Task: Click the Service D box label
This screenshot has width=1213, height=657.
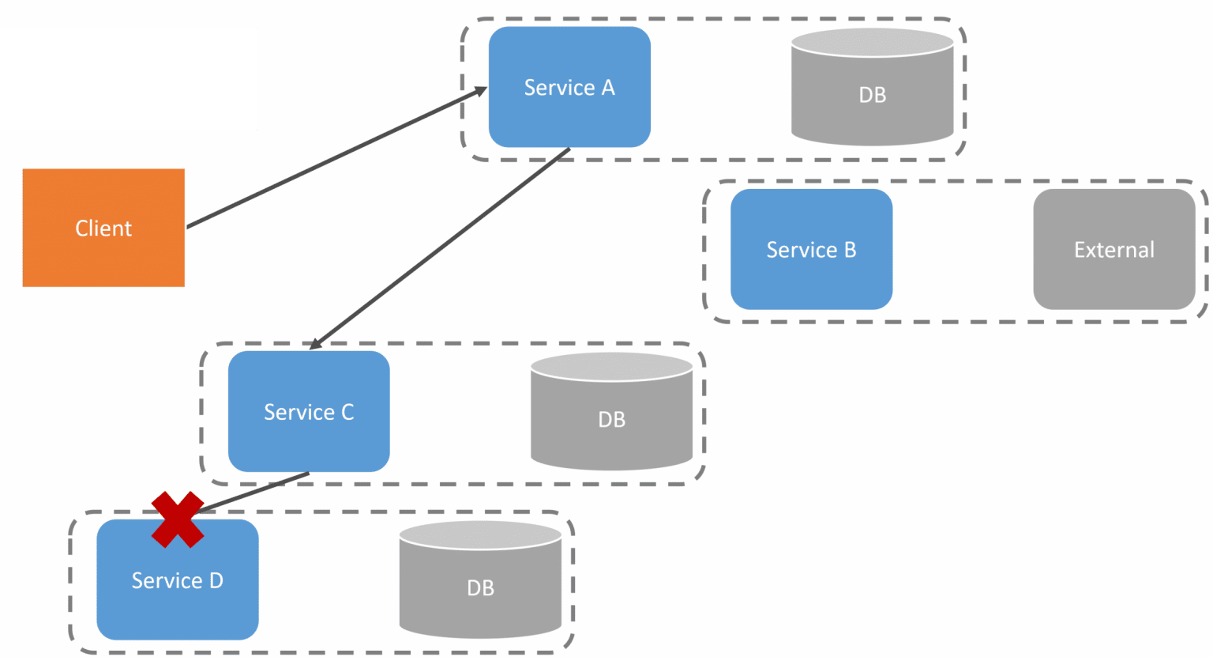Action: tap(177, 581)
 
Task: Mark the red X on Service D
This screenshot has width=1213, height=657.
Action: tap(178, 519)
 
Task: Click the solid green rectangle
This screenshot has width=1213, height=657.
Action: tap(128, 79)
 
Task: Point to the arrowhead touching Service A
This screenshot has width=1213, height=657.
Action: tap(479, 91)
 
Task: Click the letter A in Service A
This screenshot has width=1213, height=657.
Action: tap(607, 88)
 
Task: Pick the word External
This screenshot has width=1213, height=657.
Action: tap(1113, 250)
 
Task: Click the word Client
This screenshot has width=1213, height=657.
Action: tap(103, 228)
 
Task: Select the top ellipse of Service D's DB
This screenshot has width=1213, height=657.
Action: tap(480, 534)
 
